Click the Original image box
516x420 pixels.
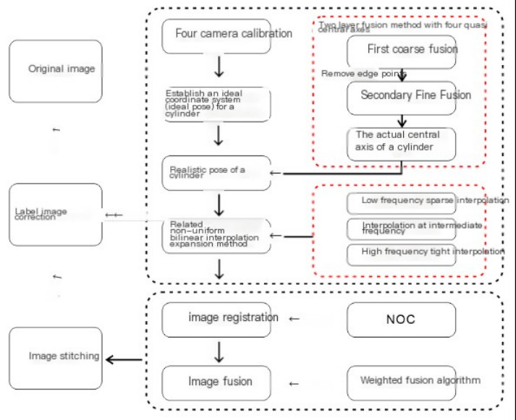pyautogui.click(x=56, y=69)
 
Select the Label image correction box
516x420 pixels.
pyautogui.click(x=56, y=214)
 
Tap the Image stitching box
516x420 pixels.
pyautogui.click(x=56, y=356)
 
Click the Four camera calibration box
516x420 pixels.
pyautogui.click(x=216, y=35)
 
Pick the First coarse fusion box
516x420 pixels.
pyautogui.click(x=402, y=51)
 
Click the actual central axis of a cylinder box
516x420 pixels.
pyautogui.click(x=402, y=144)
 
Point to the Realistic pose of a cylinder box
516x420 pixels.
pyautogui.click(x=216, y=173)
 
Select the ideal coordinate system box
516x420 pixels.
pyautogui.click(x=216, y=105)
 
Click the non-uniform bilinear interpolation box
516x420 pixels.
pyautogui.click(x=216, y=236)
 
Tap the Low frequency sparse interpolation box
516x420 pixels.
pyautogui.click(x=402, y=201)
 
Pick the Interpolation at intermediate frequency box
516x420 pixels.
pyautogui.click(x=402, y=228)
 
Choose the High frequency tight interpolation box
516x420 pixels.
pyautogui.click(x=402, y=254)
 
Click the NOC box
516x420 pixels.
pyautogui.click(x=402, y=320)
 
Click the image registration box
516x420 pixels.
pyautogui.click(x=216, y=319)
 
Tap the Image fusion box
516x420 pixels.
pyautogui.click(x=216, y=382)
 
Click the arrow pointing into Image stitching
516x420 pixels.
pyautogui.click(x=124, y=358)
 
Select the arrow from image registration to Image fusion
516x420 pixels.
pyautogui.click(x=219, y=351)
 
